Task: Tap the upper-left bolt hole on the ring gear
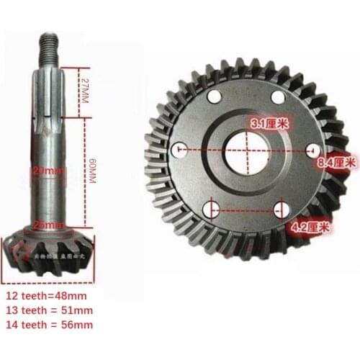coord(213,98)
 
